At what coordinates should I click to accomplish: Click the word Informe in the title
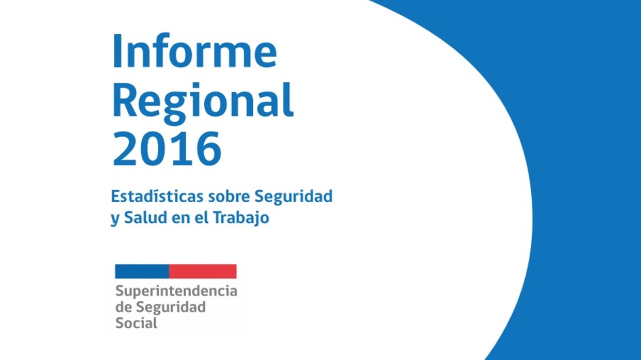(195, 51)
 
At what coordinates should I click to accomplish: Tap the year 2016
(167, 148)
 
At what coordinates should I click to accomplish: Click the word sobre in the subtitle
(229, 196)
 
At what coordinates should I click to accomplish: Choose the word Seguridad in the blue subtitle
(294, 196)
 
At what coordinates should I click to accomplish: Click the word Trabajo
(241, 218)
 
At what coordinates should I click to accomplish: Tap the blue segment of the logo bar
(142, 271)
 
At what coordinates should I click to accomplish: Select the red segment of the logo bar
(203, 271)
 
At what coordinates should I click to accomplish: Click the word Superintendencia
(176, 292)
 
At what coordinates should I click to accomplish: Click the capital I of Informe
(117, 51)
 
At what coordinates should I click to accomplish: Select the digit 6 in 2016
(208, 148)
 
